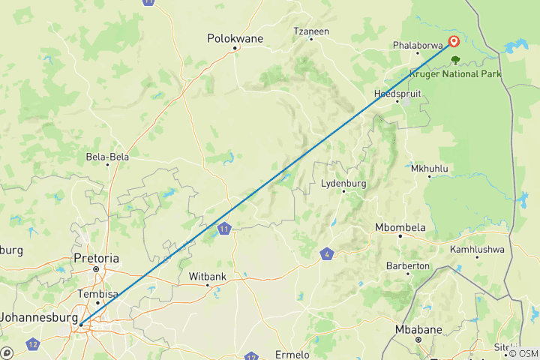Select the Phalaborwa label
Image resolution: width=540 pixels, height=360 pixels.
[416, 44]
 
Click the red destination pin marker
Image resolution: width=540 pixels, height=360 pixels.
[454, 42]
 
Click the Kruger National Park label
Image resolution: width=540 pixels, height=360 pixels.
[455, 73]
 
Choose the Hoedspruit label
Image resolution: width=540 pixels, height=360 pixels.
[397, 93]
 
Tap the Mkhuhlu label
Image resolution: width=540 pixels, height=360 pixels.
[429, 168]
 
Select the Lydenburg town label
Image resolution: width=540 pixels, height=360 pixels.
[343, 183]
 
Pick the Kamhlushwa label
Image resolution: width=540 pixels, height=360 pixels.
[477, 248]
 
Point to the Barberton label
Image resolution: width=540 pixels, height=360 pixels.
[407, 265]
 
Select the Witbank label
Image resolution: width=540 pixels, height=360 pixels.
[207, 276]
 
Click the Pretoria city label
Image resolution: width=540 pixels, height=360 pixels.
[96, 258]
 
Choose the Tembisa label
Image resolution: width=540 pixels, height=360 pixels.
[98, 294]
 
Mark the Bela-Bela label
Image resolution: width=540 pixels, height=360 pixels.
[108, 157]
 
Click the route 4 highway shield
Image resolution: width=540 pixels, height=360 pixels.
[326, 253]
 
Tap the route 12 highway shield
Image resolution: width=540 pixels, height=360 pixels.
[32, 344]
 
